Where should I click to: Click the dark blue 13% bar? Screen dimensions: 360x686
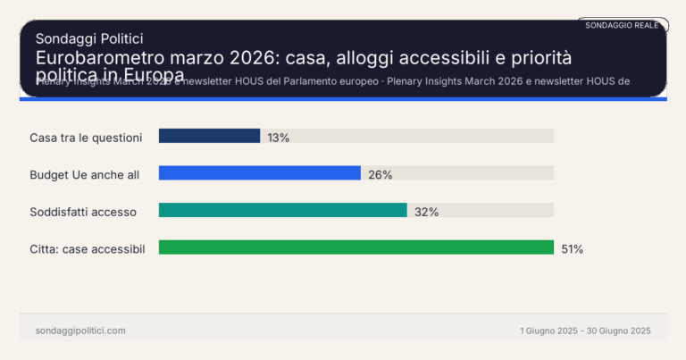coord(209,137)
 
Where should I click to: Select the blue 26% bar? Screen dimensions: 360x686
coord(259,174)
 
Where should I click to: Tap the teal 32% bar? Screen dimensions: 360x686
coord(282,211)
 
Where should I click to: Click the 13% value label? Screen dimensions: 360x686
coord(278,138)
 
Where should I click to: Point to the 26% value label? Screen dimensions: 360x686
coord(380,175)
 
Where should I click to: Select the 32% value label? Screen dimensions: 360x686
coord(426,212)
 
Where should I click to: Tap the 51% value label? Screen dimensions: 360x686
coord(572,249)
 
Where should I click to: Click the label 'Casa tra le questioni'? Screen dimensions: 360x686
coord(86,138)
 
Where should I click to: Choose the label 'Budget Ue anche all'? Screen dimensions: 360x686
coord(85,175)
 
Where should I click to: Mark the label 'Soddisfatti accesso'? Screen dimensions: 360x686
coord(83,212)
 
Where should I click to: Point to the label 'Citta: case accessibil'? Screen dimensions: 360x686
coord(88,248)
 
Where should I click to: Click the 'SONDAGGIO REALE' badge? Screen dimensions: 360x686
coord(622,26)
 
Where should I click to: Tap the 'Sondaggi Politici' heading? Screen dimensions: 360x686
coord(89,38)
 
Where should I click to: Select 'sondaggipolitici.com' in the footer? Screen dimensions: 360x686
coord(80,331)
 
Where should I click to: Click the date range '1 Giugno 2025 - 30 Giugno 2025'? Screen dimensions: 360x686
coord(585,331)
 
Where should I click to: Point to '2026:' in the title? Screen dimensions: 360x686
coord(256,57)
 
